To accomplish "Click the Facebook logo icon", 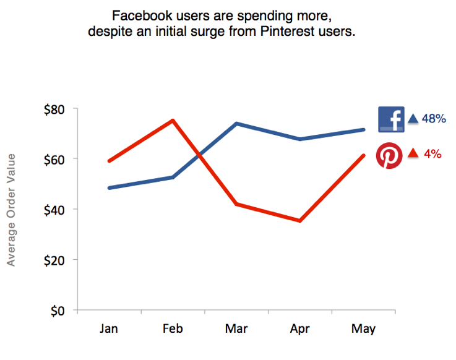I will tap(391, 119).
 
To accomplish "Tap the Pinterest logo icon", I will tap(389, 155).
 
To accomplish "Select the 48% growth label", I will tap(434, 119).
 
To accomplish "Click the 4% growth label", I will tap(432, 154).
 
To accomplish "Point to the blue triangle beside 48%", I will tap(413, 119).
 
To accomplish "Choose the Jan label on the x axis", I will tap(109, 328).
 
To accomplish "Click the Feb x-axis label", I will tap(173, 328).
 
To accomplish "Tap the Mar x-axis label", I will tap(236, 328).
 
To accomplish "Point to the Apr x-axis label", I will tap(300, 328).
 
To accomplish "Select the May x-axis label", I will tap(363, 328).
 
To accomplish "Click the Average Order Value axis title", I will tap(11, 210).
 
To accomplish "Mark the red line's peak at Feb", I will tap(173, 120).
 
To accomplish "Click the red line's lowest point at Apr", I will tap(300, 220).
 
